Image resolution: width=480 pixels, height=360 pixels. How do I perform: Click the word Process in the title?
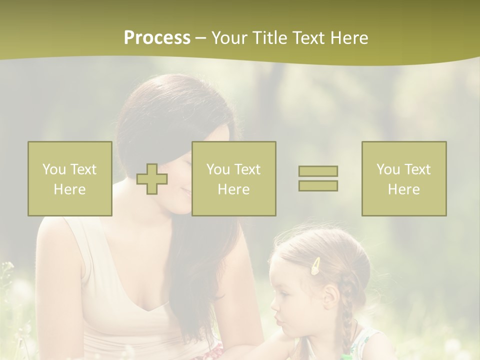coord(157,38)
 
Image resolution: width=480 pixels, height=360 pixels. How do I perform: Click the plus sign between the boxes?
coord(152,179)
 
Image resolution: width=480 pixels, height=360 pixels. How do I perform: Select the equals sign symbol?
coord(318,178)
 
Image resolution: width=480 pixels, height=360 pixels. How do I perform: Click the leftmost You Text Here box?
coord(70,179)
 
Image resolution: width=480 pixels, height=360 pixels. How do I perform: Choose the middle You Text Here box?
coord(234,179)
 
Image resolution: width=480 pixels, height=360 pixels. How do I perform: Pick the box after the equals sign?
coord(404,179)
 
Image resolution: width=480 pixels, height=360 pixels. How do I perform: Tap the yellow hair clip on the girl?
coord(316,266)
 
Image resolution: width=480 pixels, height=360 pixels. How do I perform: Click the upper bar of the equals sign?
coord(318,171)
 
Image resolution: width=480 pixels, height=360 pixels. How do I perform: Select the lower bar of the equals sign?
coord(318,185)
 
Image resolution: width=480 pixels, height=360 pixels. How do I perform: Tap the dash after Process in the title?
coord(200,38)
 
